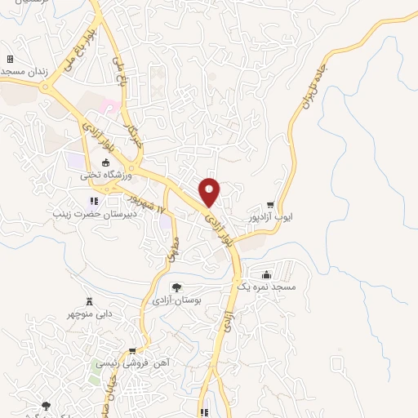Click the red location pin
point(210,191)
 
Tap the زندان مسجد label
point(24,73)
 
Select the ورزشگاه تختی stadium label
point(101,174)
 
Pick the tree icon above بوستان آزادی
point(176,287)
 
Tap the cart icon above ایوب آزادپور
point(270,205)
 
